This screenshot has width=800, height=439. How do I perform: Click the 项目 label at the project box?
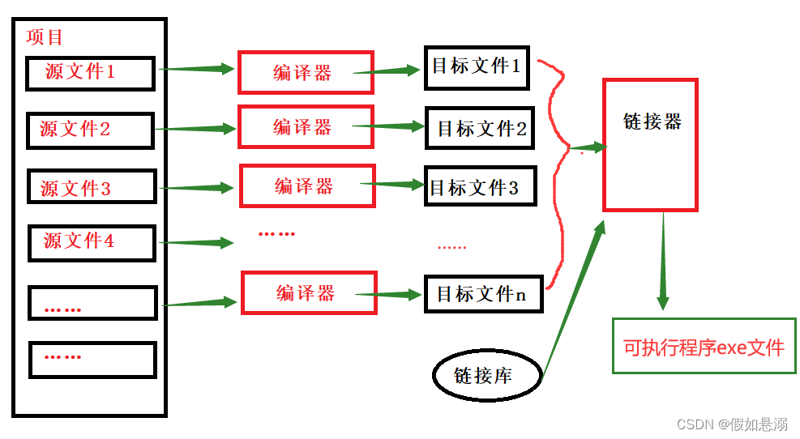pyautogui.click(x=44, y=37)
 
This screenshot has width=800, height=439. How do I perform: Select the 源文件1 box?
pyautogui.click(x=90, y=72)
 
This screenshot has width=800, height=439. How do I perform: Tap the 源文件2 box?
pyautogui.click(x=90, y=130)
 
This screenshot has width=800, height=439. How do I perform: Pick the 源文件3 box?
pyautogui.click(x=92, y=187)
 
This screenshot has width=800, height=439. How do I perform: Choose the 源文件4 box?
pyautogui.click(x=91, y=242)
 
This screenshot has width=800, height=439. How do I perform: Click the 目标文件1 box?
pyautogui.click(x=477, y=66)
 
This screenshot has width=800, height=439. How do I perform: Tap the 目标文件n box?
pyautogui.click(x=483, y=294)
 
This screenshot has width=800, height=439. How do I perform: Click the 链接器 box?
pyautogui.click(x=650, y=145)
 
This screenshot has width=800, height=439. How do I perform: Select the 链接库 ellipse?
pyautogui.click(x=486, y=375)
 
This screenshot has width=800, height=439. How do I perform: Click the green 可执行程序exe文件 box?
pyautogui.click(x=704, y=347)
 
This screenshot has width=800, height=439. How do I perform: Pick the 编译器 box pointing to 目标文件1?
pyautogui.click(x=305, y=72)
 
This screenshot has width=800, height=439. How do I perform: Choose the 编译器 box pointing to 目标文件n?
pyautogui.click(x=309, y=292)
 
